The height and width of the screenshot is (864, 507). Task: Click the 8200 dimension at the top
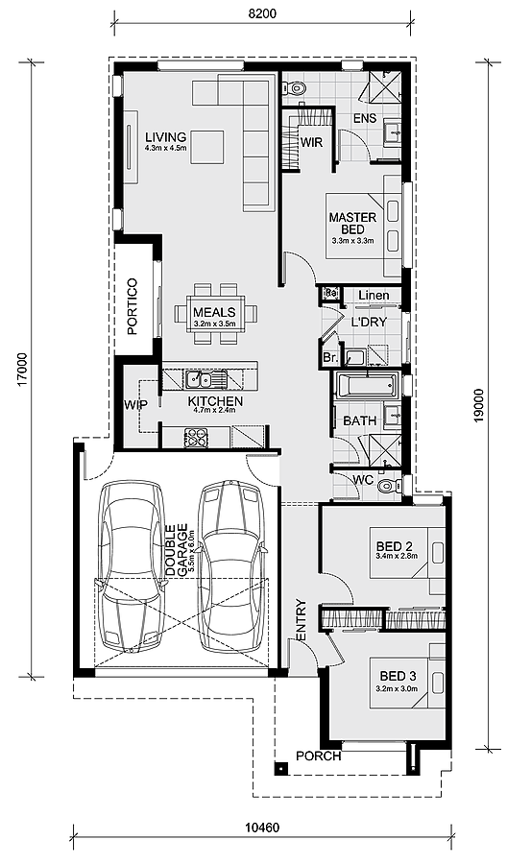click(262, 14)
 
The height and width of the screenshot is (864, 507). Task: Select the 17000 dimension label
click(22, 368)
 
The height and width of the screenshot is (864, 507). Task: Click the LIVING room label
click(166, 136)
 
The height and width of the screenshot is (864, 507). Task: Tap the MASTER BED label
click(352, 223)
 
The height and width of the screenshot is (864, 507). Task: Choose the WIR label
click(311, 142)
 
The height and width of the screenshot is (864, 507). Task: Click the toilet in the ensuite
click(293, 87)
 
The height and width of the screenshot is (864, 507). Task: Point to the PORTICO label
click(133, 314)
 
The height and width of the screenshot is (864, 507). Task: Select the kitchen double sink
click(206, 378)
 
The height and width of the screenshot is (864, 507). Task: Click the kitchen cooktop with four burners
click(195, 437)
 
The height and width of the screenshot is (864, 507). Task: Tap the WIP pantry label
click(135, 405)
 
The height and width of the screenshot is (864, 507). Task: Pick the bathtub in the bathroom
click(367, 385)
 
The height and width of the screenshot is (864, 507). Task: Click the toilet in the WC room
click(391, 485)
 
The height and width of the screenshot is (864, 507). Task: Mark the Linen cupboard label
click(374, 296)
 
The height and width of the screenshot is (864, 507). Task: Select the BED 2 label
click(395, 546)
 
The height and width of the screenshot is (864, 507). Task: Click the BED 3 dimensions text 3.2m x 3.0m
click(397, 688)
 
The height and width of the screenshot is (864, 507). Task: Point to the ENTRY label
click(301, 620)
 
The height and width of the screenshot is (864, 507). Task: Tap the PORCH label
click(319, 756)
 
